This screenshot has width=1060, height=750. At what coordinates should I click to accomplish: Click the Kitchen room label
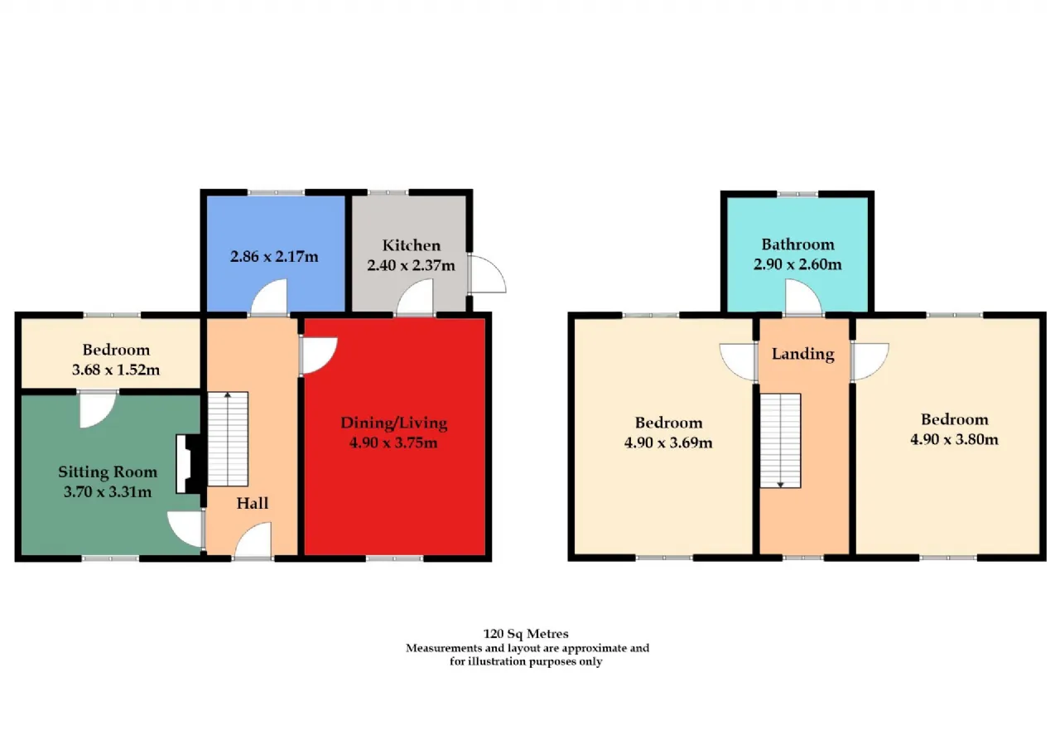(412, 245)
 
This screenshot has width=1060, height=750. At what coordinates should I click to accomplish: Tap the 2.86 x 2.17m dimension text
(274, 257)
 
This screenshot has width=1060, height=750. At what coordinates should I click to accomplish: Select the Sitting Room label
(108, 472)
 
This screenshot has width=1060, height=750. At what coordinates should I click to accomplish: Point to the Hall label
(253, 503)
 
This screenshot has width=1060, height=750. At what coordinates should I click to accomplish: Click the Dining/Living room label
(393, 423)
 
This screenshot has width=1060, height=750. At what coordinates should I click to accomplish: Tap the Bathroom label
(797, 244)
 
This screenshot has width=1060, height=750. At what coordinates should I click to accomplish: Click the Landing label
(803, 354)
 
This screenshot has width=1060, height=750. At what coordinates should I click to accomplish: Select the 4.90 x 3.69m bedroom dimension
(668, 443)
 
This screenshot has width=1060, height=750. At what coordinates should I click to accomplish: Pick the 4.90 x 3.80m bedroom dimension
(955, 439)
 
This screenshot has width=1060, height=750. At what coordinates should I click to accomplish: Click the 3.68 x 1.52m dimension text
(116, 370)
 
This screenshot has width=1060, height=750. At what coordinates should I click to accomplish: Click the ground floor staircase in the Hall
(228, 439)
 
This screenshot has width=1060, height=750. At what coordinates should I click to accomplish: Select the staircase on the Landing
(780, 440)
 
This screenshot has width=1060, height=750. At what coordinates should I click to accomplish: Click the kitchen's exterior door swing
(488, 273)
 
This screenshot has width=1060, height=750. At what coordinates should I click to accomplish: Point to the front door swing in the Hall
(253, 540)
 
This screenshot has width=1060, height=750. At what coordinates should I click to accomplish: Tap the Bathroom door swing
(803, 297)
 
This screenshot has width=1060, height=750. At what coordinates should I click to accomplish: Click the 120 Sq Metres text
(526, 633)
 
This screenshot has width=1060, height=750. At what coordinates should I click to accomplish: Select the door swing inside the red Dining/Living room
(319, 356)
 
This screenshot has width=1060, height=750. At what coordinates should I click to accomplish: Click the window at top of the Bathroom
(797, 194)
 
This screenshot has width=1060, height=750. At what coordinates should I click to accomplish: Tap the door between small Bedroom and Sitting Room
(98, 409)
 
